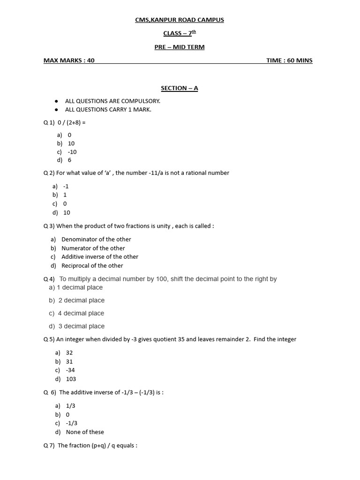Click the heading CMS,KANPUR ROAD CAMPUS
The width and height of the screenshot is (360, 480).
pos(180,20)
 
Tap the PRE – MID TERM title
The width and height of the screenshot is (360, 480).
pos(180,47)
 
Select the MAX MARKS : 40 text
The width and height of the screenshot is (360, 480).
pos(69,60)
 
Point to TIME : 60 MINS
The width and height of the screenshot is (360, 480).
pos(289,60)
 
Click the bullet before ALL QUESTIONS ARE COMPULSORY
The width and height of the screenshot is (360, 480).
pos(56,101)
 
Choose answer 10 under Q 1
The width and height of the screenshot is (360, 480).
pos(71,143)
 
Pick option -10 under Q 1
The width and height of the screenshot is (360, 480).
pos(72,152)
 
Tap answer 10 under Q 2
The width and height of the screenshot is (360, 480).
pos(67,212)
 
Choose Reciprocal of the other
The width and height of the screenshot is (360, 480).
pos(92,266)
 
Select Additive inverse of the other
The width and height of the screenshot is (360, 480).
pos(100,257)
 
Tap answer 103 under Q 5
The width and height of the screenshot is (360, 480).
pos(71,379)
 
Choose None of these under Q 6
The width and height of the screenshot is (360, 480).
pos(85,432)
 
